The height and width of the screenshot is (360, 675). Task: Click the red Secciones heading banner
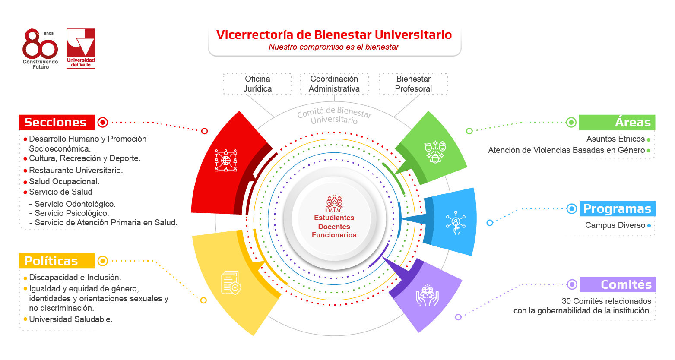57,122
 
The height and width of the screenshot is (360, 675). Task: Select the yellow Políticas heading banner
57,261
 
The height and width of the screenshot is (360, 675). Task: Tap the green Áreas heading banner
617,122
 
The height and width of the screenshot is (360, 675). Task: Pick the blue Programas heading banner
618,209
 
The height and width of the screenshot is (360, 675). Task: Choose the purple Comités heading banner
618,284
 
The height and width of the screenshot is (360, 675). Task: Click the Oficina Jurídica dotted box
257,84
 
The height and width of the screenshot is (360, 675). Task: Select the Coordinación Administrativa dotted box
334,84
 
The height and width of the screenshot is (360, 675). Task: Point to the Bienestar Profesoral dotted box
413,84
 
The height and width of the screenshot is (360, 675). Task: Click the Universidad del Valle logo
81,48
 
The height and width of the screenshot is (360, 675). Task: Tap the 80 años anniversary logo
41,49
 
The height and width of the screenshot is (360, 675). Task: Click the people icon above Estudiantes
334,204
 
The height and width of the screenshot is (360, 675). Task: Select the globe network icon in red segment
226,161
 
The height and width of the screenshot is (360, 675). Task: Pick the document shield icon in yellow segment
231,283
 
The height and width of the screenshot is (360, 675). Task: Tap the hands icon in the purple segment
427,296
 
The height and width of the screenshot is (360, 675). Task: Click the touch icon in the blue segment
456,223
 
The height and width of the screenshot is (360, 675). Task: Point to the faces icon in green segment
435,152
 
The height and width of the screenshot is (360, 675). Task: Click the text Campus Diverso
615,225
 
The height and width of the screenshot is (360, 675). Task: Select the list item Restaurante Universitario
76,171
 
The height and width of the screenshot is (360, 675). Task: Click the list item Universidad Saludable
70,319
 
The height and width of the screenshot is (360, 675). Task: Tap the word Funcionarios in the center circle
334,235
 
